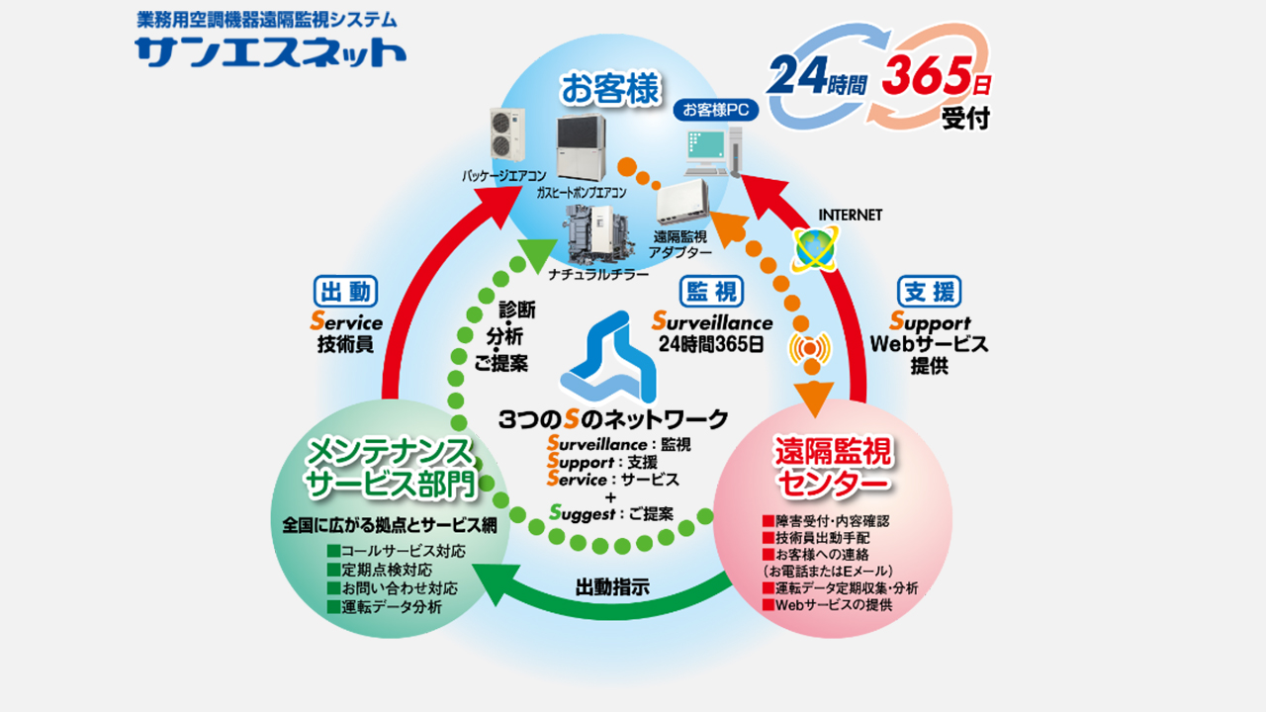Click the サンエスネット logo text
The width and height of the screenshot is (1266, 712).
click(270, 50)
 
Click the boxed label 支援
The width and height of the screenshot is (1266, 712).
click(929, 292)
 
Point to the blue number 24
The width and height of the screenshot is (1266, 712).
click(799, 77)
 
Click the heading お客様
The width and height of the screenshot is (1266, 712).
click(610, 89)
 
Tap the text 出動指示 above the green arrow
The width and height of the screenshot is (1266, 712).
click(612, 586)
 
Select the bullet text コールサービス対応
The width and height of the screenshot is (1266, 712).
click(403, 551)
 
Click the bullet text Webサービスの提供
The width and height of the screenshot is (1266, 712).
click(834, 604)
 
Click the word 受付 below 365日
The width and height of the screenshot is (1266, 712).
click(964, 119)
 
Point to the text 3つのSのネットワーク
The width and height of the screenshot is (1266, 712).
click(614, 418)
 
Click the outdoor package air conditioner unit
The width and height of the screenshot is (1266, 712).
click(508, 133)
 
